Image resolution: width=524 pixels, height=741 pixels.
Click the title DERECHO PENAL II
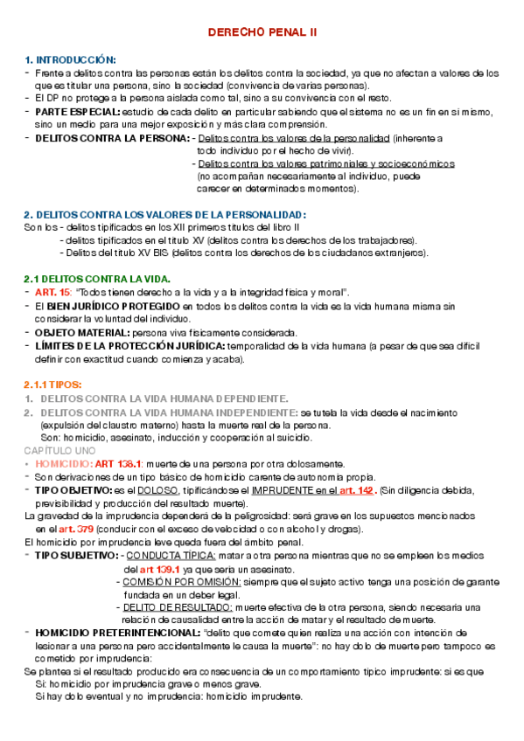coord(262,32)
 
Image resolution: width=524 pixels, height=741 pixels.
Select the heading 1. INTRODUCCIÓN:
coord(70,59)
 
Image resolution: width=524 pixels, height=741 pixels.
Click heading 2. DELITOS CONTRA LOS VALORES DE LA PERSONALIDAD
coord(165,215)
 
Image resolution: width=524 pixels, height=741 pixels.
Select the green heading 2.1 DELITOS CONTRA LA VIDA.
coord(96,279)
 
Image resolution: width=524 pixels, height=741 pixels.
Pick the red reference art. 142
coord(358,491)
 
